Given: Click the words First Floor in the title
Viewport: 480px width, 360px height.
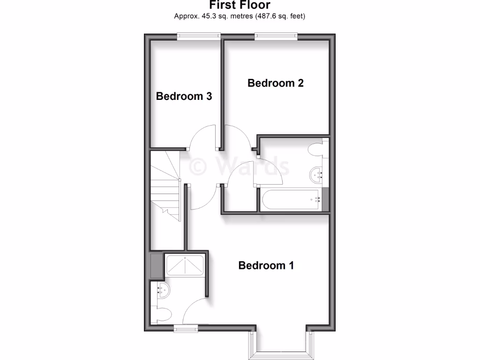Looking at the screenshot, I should pos(240,6).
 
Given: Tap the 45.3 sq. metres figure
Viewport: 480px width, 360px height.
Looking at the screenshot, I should pos(204,16).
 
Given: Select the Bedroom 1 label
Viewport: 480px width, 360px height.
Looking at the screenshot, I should pos(266,265).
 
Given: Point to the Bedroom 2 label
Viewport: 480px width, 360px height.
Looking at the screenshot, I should pos(276,83).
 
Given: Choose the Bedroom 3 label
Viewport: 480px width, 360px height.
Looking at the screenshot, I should pos(184,96).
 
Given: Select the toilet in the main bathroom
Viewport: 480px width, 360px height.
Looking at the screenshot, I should pos(316,150).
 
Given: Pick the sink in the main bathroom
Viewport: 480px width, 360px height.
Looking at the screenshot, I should pos(317,176).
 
